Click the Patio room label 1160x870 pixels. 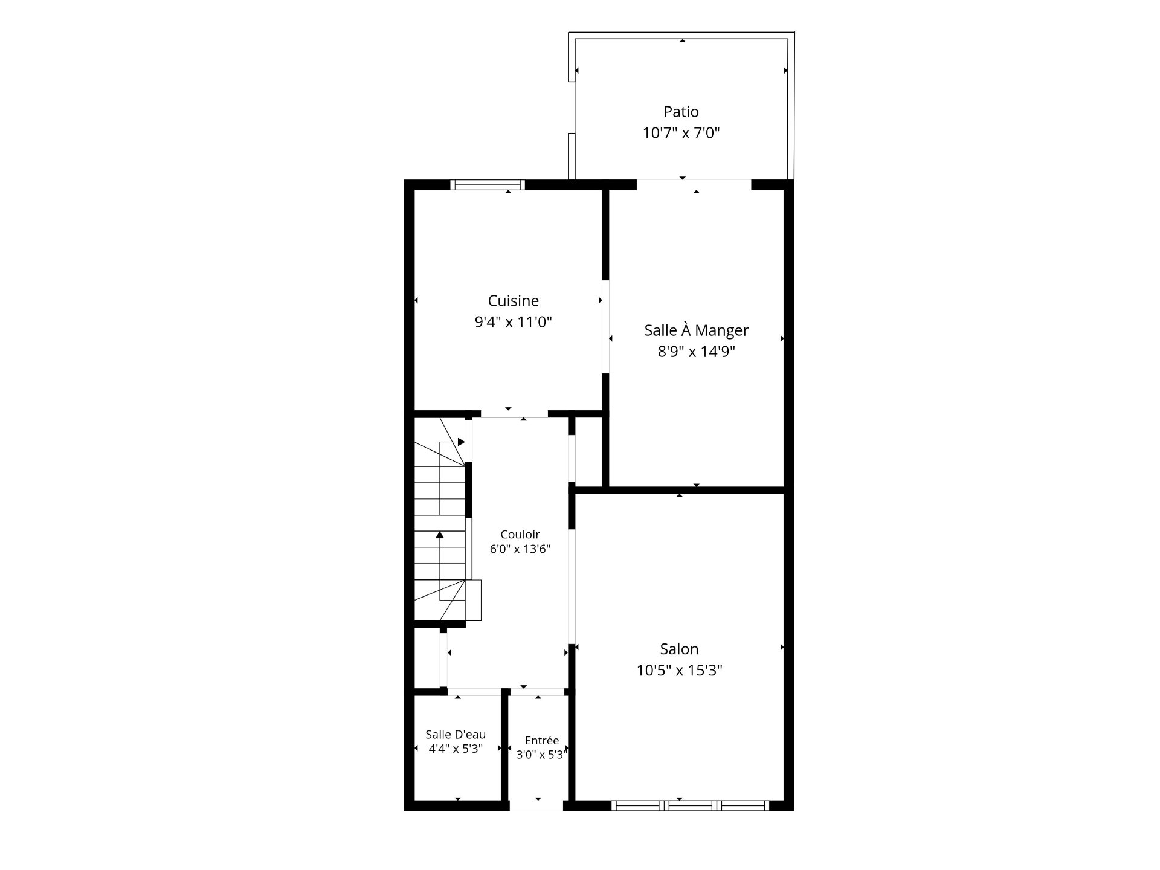681,112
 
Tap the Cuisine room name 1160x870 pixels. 513,301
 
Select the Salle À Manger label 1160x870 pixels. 696,330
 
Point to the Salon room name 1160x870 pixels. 679,649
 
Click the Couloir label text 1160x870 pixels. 520,535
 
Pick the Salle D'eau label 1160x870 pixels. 456,735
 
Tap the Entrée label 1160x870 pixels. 541,741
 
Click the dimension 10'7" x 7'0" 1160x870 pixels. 681,133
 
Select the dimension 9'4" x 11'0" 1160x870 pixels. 513,322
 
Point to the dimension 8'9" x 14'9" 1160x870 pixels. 696,352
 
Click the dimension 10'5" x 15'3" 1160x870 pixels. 679,670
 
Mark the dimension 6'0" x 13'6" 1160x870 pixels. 520,549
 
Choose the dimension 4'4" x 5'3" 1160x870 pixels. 456,749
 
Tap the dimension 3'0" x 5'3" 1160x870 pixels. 541,755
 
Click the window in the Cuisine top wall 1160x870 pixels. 488,185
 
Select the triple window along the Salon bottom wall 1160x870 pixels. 690,805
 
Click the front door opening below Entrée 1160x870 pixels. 536,805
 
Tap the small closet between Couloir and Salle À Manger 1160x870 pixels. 588,452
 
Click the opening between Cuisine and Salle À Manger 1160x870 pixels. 605,327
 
